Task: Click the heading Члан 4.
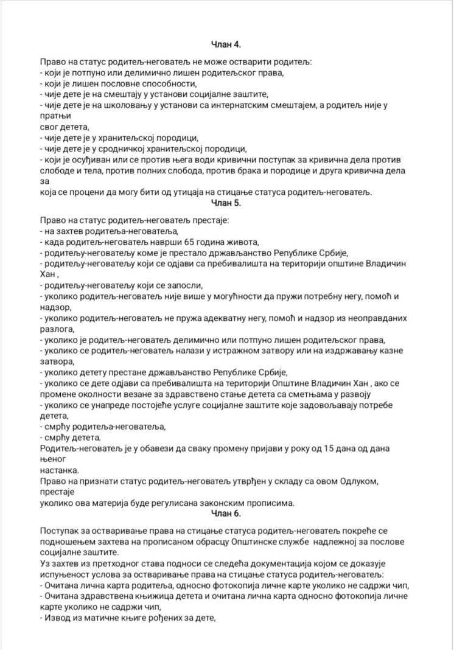click(226, 44)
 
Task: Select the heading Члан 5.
click(226, 203)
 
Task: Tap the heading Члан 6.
click(226, 514)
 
